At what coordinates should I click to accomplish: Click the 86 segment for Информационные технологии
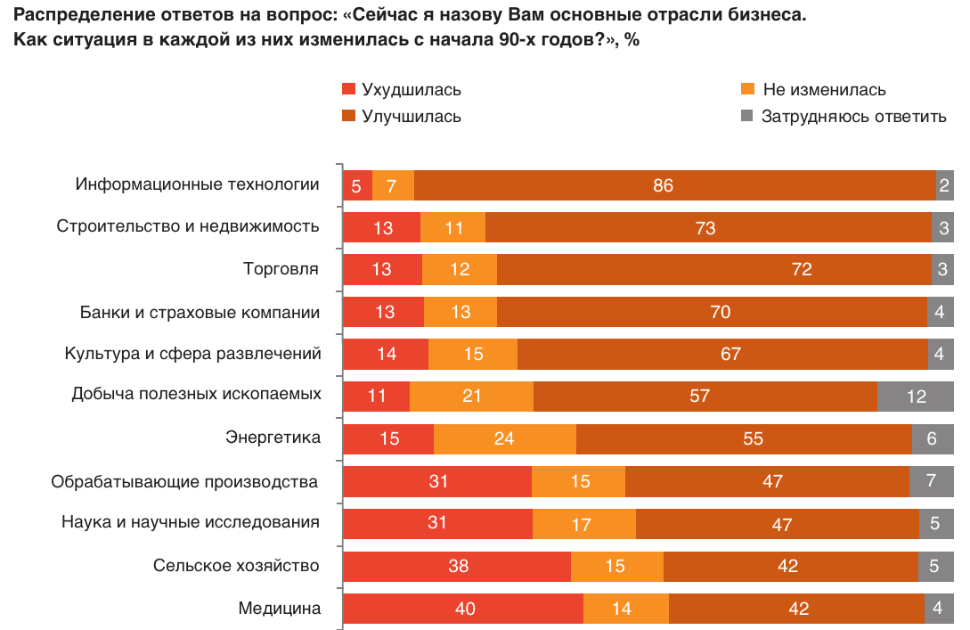pos(675,185)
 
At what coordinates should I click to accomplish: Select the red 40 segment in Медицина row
pos(463,609)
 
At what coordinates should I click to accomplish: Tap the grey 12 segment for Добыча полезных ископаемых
pos(916,397)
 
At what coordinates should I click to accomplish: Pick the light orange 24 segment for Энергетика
pos(505,439)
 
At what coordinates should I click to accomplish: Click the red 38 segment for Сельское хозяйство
pos(457,567)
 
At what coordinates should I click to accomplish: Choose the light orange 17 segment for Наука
pos(584,524)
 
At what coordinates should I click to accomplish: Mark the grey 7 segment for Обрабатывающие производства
pos(931,481)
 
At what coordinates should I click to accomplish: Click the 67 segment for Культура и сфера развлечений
pos(722,355)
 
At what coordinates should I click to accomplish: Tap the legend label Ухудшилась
pos(412,90)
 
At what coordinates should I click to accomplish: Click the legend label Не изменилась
pos(824,90)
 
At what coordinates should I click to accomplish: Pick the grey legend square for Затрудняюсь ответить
pos(747,116)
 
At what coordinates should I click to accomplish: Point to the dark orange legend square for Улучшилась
pos(349,116)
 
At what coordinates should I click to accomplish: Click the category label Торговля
pos(281,269)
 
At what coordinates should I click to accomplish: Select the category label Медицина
pos(279,609)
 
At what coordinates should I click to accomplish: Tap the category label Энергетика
pos(273,438)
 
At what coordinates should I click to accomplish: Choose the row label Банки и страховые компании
pos(200,312)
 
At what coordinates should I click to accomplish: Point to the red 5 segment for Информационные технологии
pos(357,185)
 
